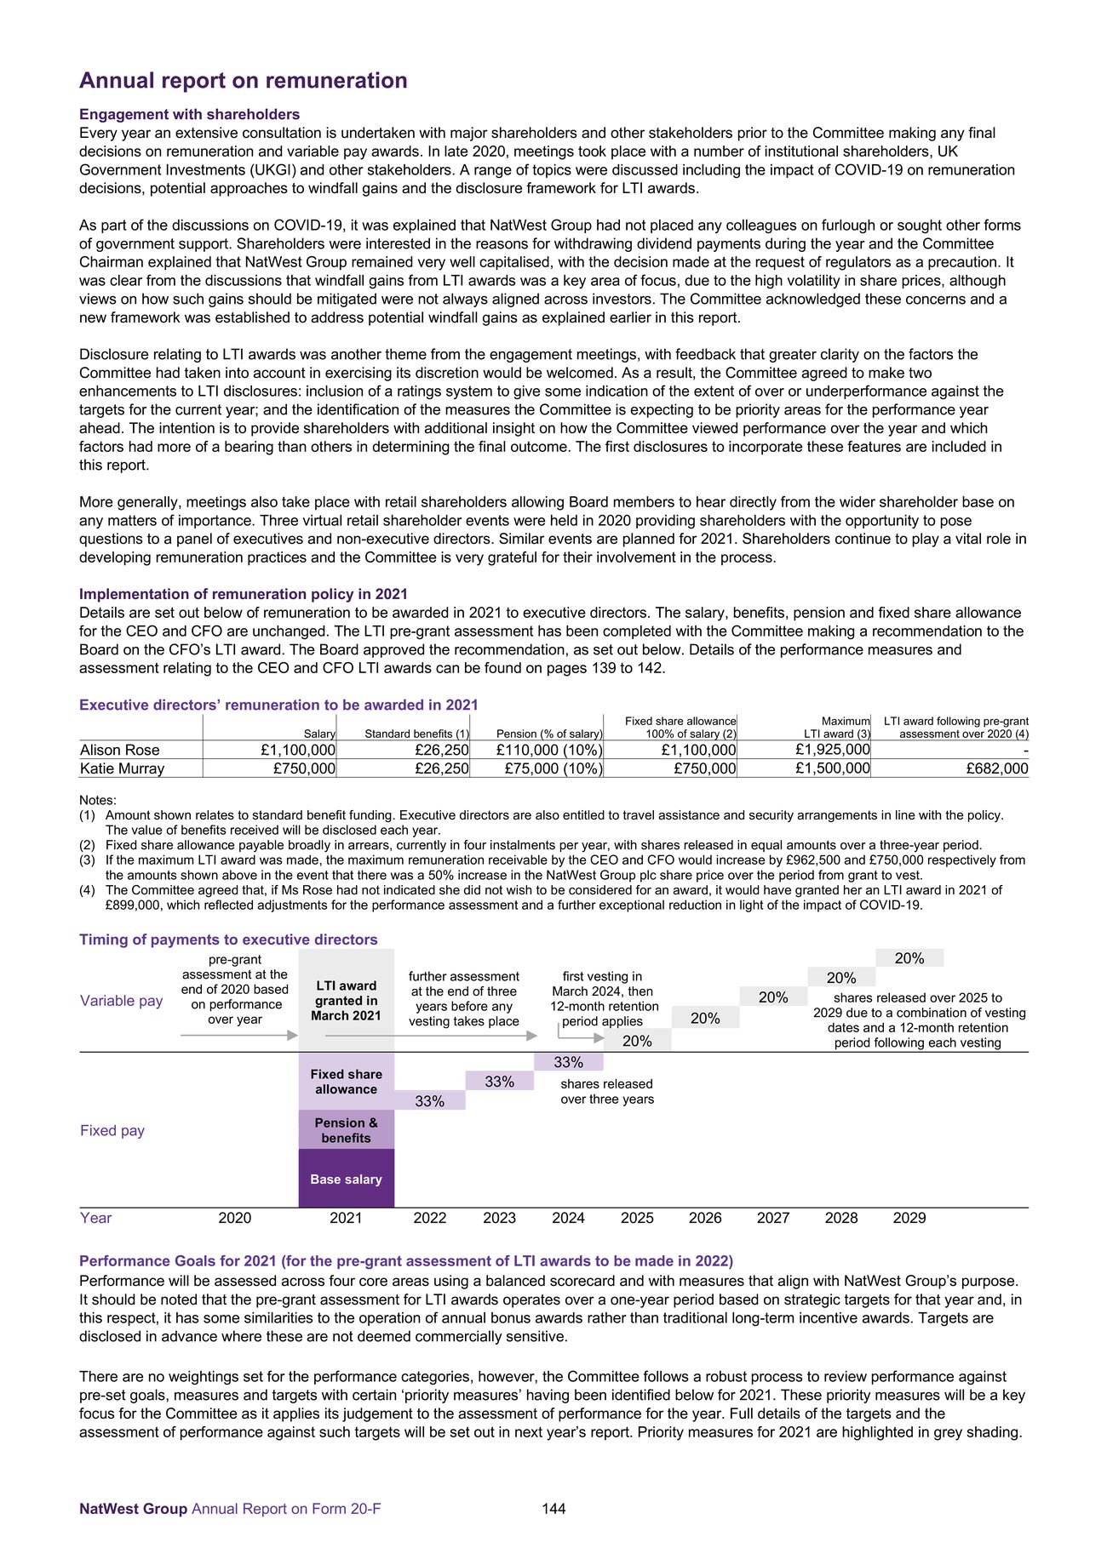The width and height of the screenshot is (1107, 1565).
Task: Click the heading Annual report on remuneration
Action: (x=243, y=81)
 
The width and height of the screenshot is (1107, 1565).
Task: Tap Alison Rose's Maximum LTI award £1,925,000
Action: (x=832, y=750)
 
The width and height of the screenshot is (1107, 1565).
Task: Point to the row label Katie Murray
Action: (x=122, y=768)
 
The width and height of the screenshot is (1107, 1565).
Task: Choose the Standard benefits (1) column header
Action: (x=416, y=734)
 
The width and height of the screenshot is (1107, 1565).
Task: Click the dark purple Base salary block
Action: (x=346, y=1179)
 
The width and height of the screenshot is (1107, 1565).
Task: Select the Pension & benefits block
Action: (x=346, y=1130)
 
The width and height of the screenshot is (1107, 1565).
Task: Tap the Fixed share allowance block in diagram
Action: (x=346, y=1082)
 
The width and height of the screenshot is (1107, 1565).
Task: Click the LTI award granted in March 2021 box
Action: (x=346, y=1001)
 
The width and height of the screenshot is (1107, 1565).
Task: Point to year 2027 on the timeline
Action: (x=772, y=1218)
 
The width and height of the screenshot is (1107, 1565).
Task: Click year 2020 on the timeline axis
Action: (x=234, y=1218)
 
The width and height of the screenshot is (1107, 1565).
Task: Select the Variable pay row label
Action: (x=121, y=1001)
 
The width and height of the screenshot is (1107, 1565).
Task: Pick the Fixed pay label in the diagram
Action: (x=112, y=1130)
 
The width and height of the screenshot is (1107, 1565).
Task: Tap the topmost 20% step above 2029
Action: (x=909, y=958)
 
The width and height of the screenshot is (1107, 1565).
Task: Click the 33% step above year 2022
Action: (x=430, y=1101)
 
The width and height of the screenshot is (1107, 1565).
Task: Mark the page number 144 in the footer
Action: (x=553, y=1509)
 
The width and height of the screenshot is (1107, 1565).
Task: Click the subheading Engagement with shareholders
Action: (x=189, y=114)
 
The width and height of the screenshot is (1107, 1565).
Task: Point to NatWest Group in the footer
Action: (x=133, y=1509)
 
